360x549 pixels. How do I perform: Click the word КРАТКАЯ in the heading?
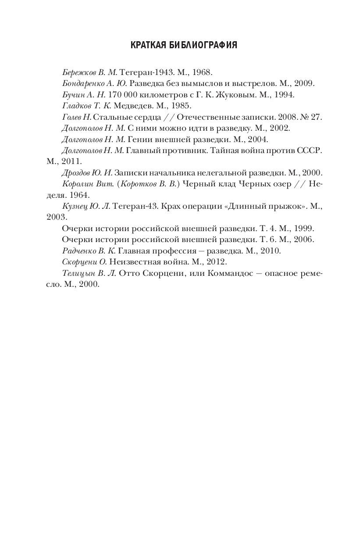149,45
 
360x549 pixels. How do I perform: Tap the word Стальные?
110,117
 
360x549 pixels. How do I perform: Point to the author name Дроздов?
77,173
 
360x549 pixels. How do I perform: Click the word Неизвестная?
133,262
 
